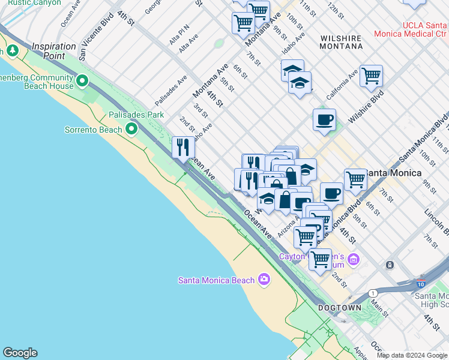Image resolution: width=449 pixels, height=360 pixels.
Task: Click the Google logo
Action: [20, 353]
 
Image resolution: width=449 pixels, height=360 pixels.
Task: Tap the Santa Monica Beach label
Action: [216, 280]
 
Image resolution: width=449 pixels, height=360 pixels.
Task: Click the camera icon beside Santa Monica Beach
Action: [264, 279]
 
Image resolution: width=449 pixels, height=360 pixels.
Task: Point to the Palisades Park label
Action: [136, 114]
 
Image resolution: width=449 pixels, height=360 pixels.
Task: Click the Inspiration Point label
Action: [57, 51]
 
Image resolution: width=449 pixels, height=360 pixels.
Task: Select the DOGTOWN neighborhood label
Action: [340, 308]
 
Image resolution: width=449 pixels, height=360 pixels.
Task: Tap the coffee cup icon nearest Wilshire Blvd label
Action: [324, 119]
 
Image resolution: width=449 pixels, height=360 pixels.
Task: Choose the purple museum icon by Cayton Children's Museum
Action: [354, 259]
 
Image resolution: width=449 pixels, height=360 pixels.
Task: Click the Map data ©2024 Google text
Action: [412, 355]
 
